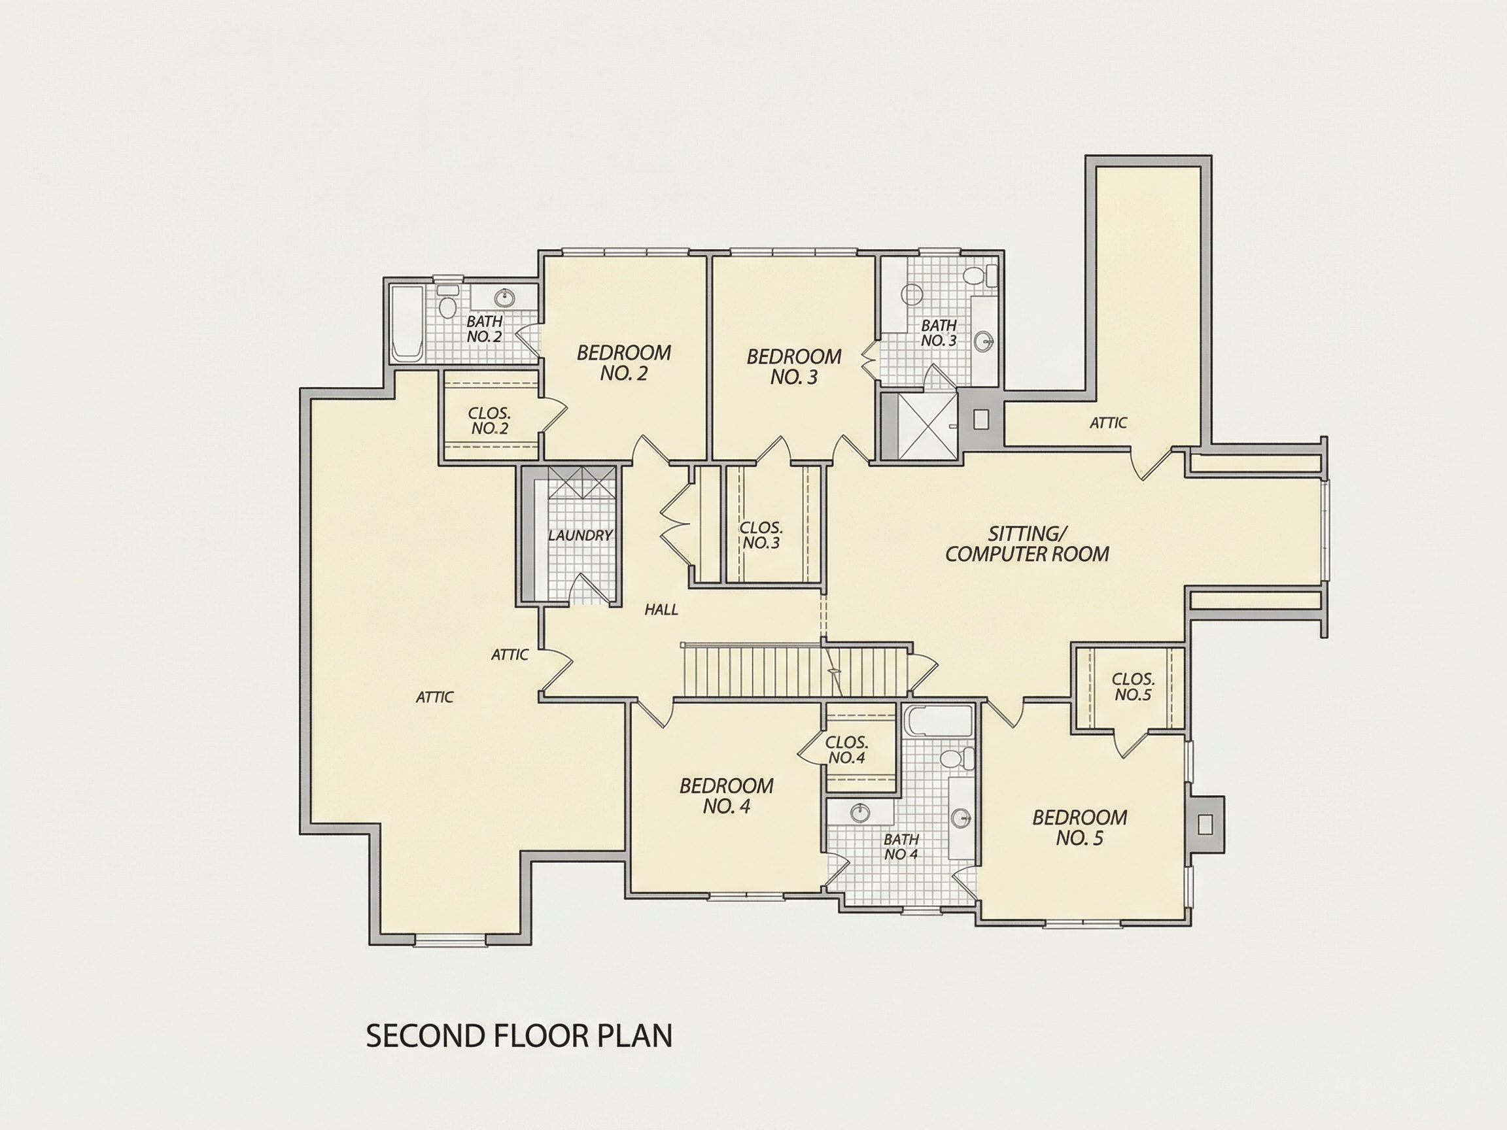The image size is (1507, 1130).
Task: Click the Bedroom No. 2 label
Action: [623, 362]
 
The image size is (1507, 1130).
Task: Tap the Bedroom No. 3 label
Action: [793, 366]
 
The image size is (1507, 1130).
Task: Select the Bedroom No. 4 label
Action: [726, 796]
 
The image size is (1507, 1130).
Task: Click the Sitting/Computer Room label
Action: [1028, 543]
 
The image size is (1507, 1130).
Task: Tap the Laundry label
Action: [580, 536]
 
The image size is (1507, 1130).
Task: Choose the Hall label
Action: [661, 609]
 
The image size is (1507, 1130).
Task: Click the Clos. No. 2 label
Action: [489, 421]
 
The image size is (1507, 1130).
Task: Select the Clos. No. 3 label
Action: [761, 536]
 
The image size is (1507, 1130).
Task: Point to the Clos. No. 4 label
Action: [846, 749]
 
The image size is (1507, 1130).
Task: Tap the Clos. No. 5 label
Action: [1133, 687]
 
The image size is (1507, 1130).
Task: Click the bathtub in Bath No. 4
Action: [941, 721]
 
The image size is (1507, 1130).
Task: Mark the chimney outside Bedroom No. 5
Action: [1205, 825]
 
